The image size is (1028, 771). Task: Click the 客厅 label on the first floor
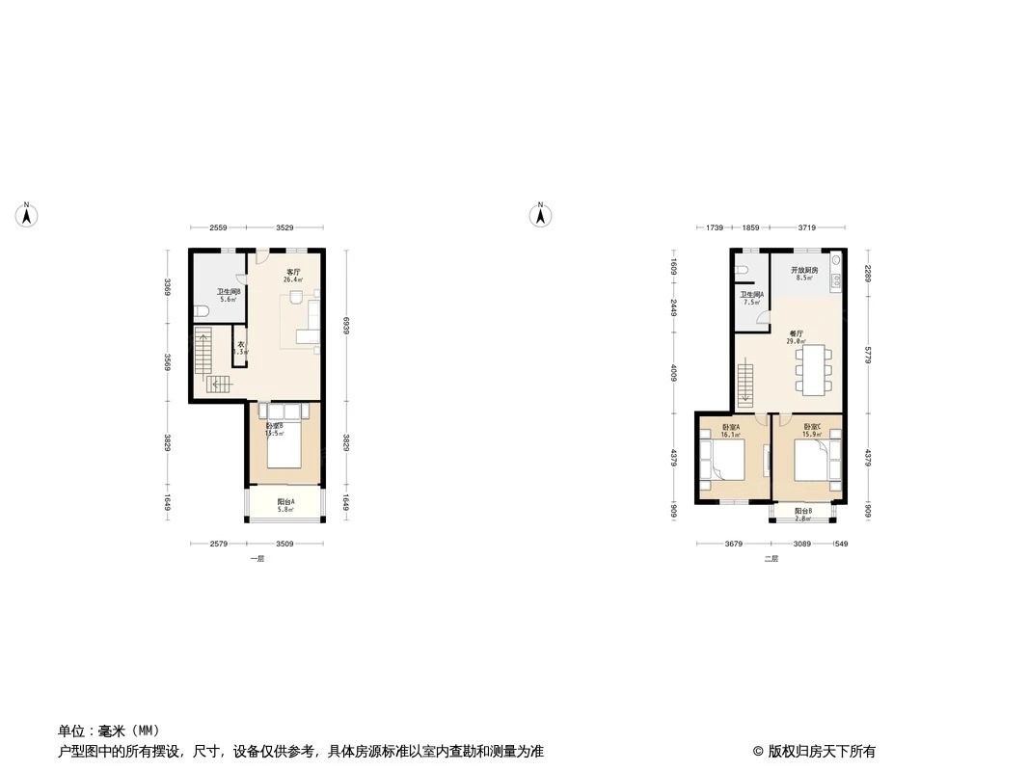(x=292, y=272)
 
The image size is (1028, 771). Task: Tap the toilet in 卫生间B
(x=200, y=310)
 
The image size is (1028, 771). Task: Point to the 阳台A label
(x=285, y=501)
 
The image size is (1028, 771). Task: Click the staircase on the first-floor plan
(x=204, y=355)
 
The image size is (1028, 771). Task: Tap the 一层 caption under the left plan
(x=257, y=558)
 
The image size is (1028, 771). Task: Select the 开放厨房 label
(x=803, y=270)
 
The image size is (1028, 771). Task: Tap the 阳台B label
(x=803, y=511)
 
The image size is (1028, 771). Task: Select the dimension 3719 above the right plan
(x=806, y=227)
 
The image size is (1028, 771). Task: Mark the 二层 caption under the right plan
(x=771, y=558)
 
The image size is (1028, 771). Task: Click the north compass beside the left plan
(x=28, y=216)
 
